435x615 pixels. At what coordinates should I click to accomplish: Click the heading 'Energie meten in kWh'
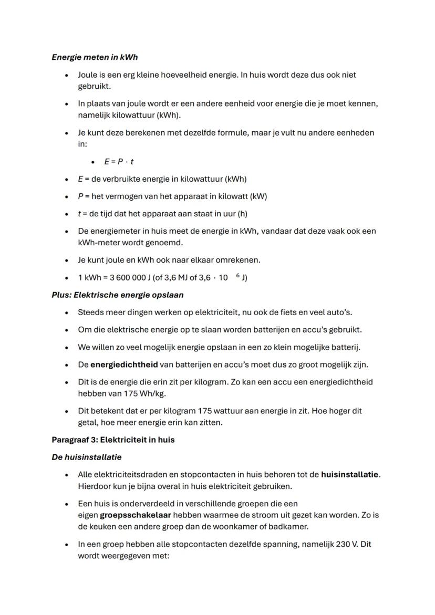click(95, 57)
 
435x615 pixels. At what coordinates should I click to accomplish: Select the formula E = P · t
click(119, 162)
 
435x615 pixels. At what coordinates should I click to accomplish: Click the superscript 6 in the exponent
click(238, 275)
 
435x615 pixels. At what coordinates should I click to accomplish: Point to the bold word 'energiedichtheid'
click(124, 364)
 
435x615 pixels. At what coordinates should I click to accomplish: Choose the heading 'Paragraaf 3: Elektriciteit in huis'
click(113, 440)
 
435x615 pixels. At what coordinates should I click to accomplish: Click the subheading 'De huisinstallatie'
click(86, 457)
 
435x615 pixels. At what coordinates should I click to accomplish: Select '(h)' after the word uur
click(242, 214)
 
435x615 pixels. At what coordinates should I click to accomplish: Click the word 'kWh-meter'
click(98, 243)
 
